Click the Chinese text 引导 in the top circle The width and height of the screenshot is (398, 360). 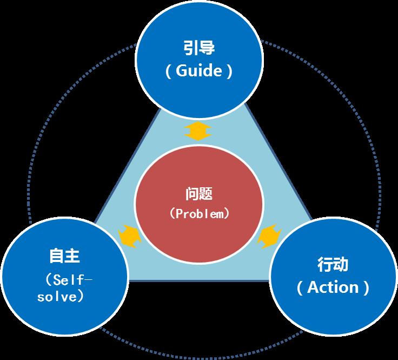[x=199, y=49]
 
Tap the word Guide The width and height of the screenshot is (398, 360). [x=198, y=71]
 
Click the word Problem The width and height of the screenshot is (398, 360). [x=200, y=214]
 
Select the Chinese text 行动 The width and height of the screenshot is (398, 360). [x=333, y=265]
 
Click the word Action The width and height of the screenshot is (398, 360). [x=333, y=287]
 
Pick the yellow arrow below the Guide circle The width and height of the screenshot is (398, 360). [x=198, y=132]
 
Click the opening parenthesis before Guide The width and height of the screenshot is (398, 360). [x=169, y=71]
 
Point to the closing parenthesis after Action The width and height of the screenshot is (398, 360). [x=367, y=287]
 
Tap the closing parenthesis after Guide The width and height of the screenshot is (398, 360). [x=229, y=71]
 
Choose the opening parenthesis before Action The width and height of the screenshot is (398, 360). [x=300, y=287]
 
